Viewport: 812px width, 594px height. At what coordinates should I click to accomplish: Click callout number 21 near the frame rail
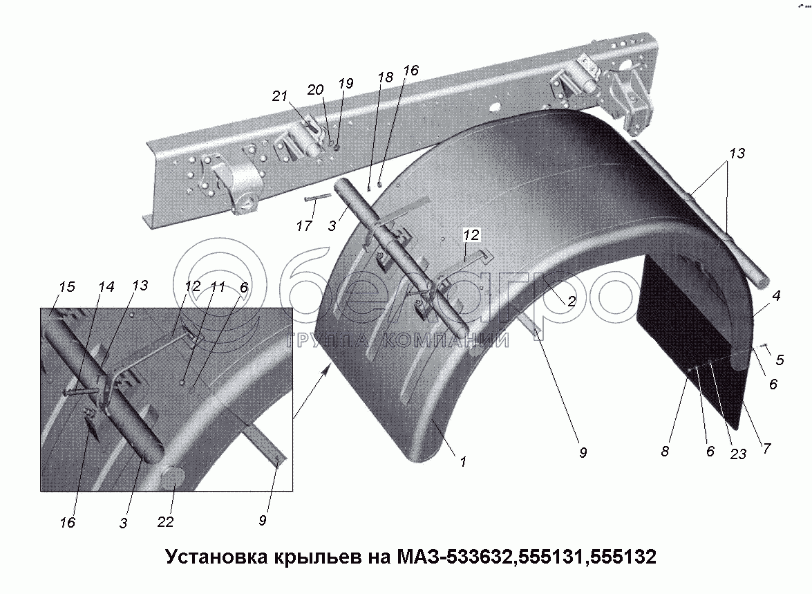click(279, 96)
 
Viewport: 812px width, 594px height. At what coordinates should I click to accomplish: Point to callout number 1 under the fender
click(463, 461)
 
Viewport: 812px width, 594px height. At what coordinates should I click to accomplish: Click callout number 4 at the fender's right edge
click(777, 297)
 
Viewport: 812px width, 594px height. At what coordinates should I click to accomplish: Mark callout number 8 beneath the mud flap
click(665, 451)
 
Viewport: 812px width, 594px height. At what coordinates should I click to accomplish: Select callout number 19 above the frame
click(346, 83)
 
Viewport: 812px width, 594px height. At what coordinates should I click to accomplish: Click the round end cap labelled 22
click(172, 478)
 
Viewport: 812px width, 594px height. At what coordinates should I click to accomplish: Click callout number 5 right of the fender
click(780, 360)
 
